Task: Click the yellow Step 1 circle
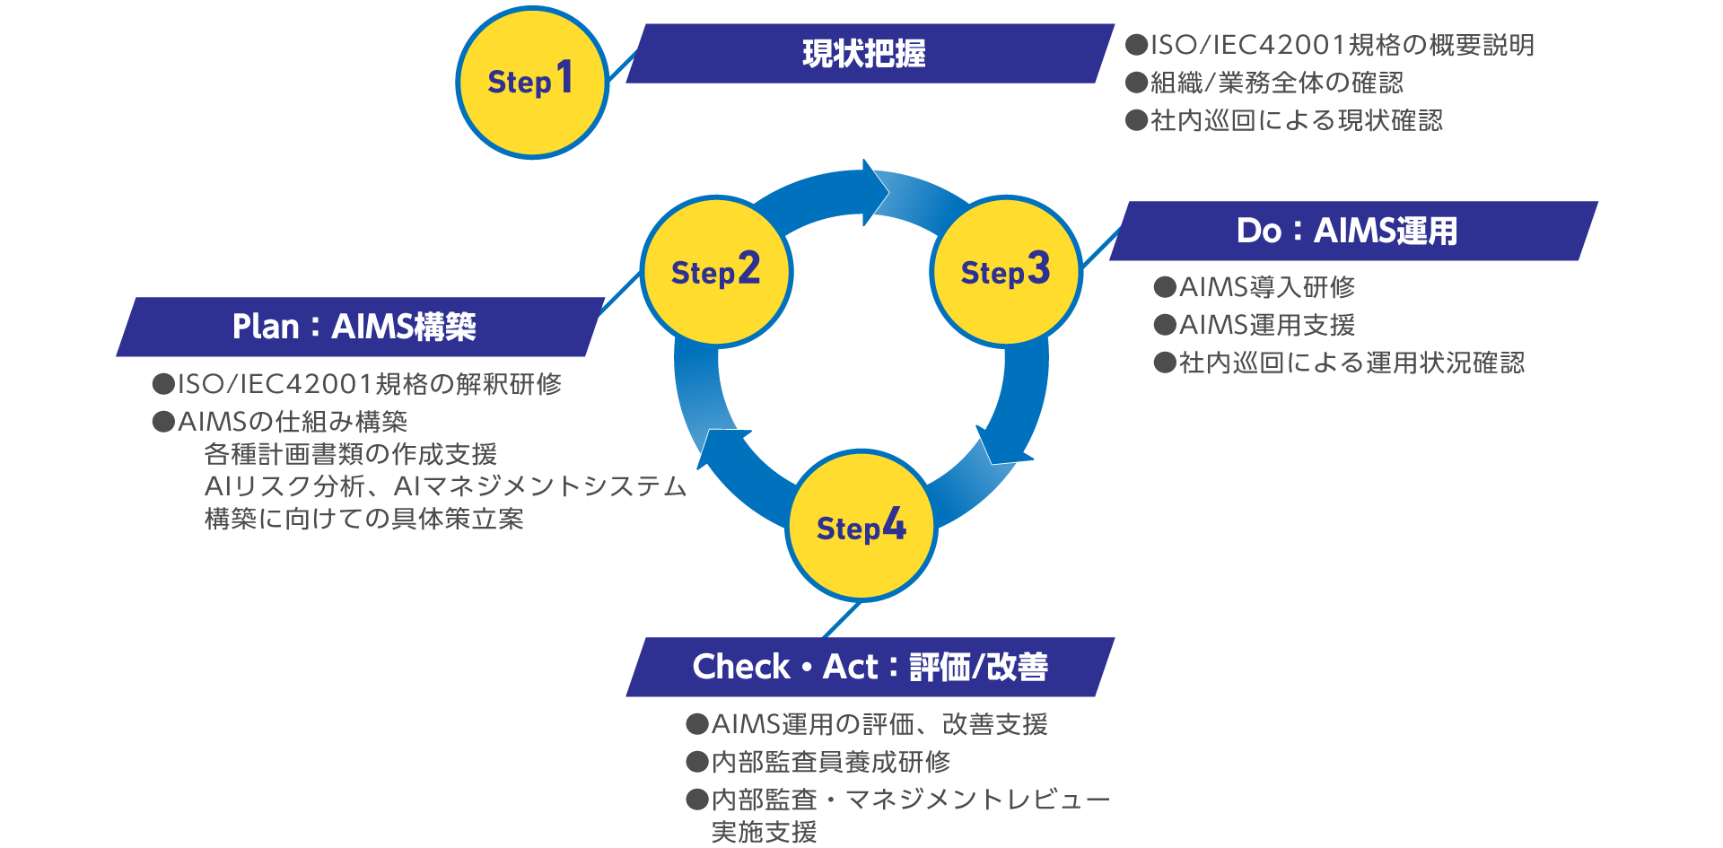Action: click(532, 83)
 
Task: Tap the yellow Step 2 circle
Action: click(716, 271)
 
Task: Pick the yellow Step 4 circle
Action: click(861, 527)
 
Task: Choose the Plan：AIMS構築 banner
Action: click(359, 327)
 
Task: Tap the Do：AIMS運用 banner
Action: click(1351, 232)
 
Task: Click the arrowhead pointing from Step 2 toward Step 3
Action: click(874, 193)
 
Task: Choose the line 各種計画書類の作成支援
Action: click(351, 454)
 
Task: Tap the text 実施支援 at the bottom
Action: click(764, 832)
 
